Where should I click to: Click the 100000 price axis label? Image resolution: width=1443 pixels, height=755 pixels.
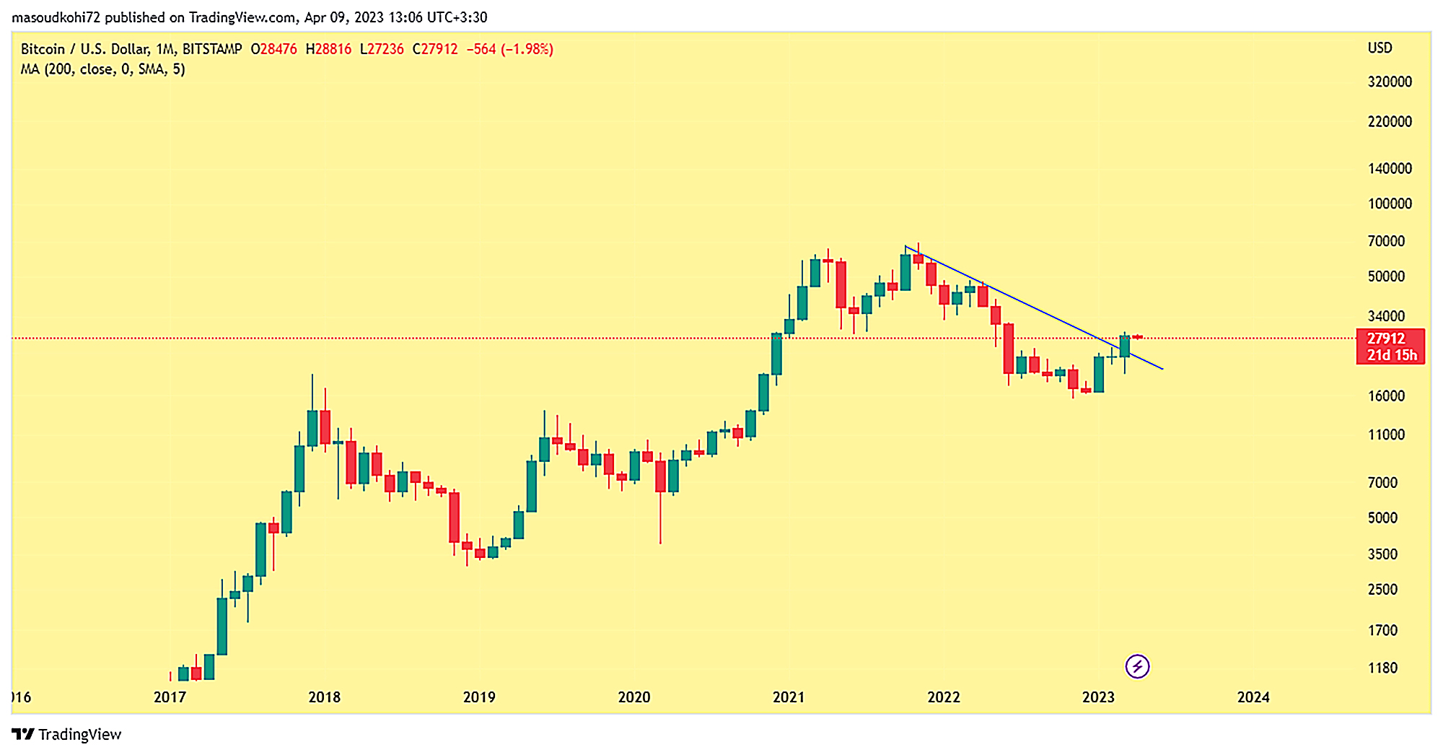click(x=1390, y=204)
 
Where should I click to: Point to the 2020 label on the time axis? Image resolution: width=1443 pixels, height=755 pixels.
click(x=634, y=697)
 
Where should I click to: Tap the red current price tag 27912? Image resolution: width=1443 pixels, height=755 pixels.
click(x=1390, y=346)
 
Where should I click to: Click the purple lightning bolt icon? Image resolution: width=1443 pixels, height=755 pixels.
click(x=1138, y=666)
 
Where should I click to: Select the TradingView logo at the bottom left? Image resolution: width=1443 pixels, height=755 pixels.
click(x=67, y=735)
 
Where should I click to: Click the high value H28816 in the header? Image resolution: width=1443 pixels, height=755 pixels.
click(x=328, y=49)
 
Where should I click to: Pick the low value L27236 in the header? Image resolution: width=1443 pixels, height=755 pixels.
click(x=382, y=49)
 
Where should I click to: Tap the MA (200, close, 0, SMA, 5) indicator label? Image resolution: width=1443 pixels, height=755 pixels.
click(x=102, y=69)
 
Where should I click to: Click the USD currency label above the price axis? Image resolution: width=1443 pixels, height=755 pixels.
click(x=1380, y=48)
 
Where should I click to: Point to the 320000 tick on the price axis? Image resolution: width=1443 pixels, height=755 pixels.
click(x=1390, y=82)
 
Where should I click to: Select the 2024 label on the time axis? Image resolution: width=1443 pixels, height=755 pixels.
click(x=1253, y=697)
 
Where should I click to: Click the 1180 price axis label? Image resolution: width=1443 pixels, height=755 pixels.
click(x=1382, y=668)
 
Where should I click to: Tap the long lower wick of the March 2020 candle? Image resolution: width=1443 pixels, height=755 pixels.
click(x=660, y=520)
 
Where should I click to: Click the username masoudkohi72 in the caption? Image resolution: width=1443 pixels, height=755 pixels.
click(x=56, y=17)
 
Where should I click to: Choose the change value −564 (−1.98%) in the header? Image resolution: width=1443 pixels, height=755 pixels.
click(x=509, y=49)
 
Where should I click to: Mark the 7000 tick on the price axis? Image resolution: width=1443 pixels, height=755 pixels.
click(x=1382, y=483)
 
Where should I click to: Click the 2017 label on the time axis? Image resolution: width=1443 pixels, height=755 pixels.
click(x=170, y=697)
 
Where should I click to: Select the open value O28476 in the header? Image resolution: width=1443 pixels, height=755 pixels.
click(x=273, y=49)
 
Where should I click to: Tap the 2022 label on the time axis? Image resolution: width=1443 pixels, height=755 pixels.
click(x=944, y=697)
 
